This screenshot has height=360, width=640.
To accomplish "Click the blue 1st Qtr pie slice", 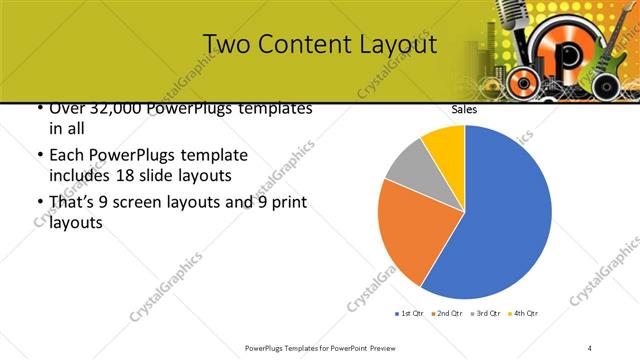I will [x=500, y=220].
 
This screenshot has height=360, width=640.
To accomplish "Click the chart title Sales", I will [x=464, y=110].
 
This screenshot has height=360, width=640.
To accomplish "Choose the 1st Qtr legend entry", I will [x=408, y=314].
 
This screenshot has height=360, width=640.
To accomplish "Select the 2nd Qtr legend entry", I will [x=445, y=314].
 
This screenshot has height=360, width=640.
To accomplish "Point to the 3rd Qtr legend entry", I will [x=484, y=314].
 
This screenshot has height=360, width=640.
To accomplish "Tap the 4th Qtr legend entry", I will [x=523, y=314].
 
